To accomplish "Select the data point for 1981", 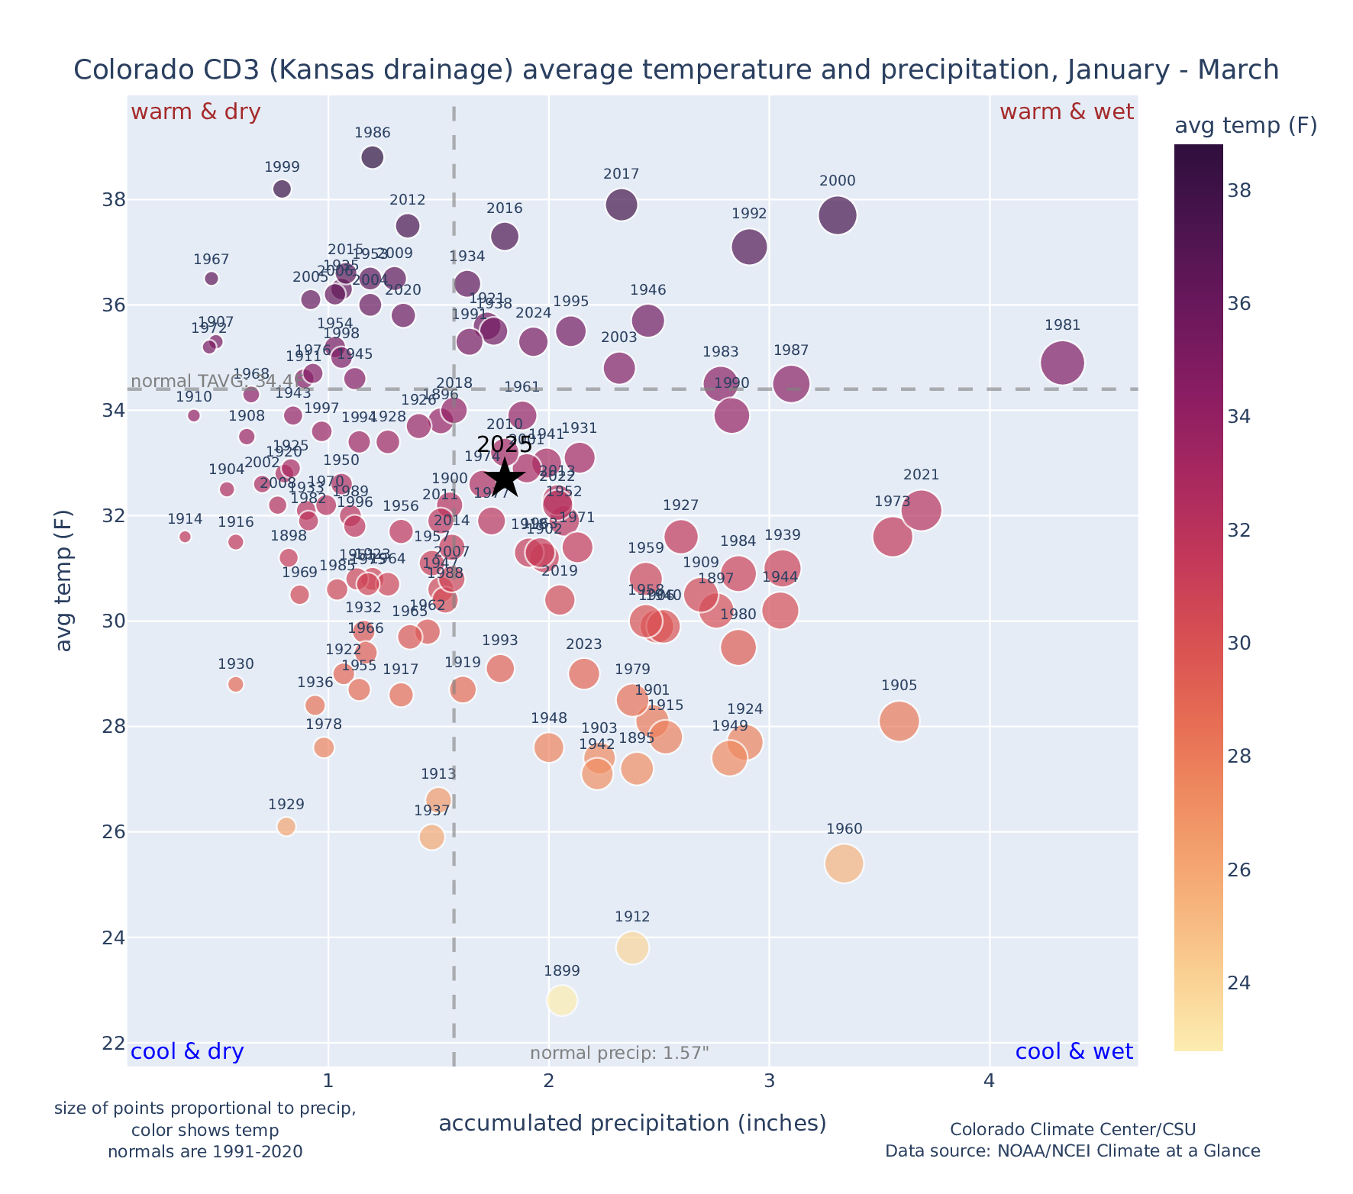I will pyautogui.click(x=1062, y=363).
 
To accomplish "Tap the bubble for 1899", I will pyautogui.click(x=562, y=1000).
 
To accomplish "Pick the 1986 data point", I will pyautogui.click(x=373, y=157).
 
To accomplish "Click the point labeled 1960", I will pyautogui.click(x=844, y=863).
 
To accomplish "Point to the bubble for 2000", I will pyautogui.click(x=838, y=215).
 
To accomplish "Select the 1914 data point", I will pyautogui.click(x=185, y=537).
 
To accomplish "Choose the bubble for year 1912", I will pyautogui.click(x=632, y=947).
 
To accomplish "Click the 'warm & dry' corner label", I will pyautogui.click(x=196, y=112).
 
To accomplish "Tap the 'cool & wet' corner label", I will pyautogui.click(x=1074, y=1052).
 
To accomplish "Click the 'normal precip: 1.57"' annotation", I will pyautogui.click(x=619, y=1054).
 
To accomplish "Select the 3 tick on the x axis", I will pyautogui.click(x=769, y=1082).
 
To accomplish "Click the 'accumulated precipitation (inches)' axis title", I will pyautogui.click(x=632, y=1123).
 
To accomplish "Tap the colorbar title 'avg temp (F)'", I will pyautogui.click(x=1245, y=126).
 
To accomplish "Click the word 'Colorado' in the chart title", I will pyautogui.click(x=121, y=70).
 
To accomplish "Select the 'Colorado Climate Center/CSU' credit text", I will pyautogui.click(x=1072, y=1129).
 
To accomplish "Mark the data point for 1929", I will pyautogui.click(x=286, y=826).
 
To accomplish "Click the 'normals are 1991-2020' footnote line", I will pyautogui.click(x=205, y=1151).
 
